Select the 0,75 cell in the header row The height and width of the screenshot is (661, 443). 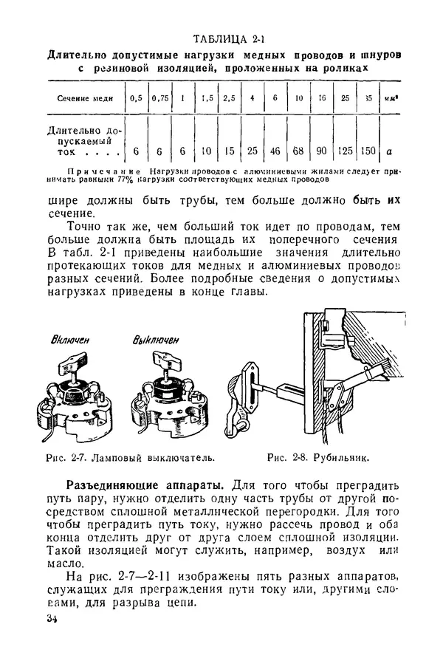[159, 98]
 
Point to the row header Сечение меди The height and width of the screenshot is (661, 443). [83, 98]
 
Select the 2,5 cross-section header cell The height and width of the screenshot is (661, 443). [230, 98]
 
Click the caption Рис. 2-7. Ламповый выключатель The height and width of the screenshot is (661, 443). [131, 457]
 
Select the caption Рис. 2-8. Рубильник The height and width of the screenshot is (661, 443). [318, 457]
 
